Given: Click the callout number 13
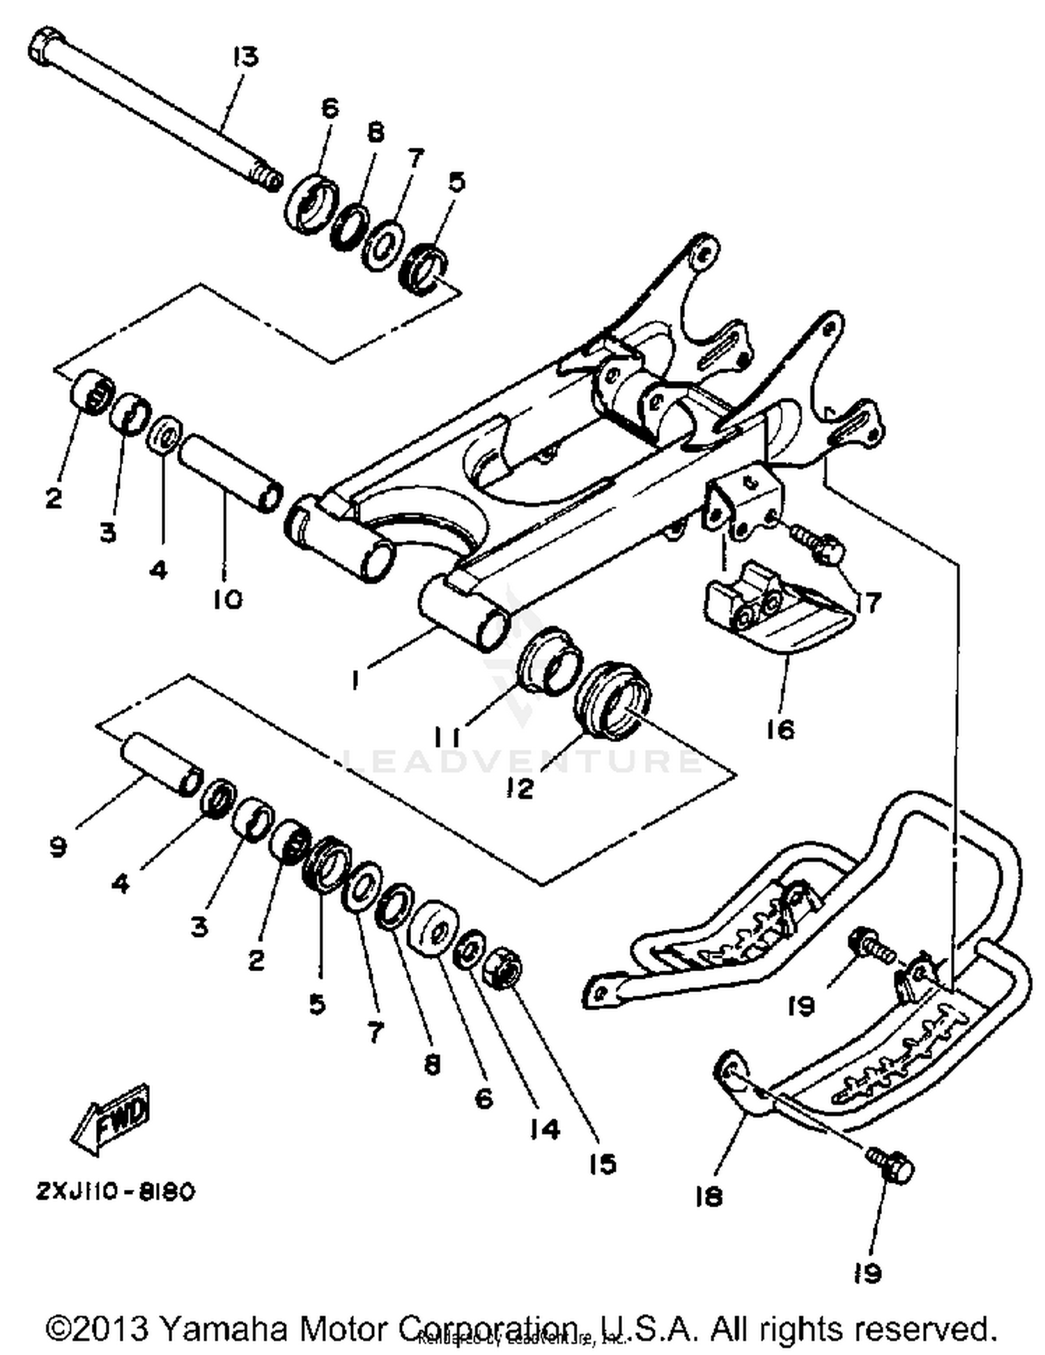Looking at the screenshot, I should pos(245,56).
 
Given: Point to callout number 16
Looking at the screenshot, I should pos(780,729).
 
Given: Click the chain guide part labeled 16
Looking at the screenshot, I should pos(773,613).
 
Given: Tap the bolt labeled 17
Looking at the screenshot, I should pos(822,550).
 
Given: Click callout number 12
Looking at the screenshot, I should pos(520,788).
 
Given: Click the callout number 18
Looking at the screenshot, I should pos(709,1197).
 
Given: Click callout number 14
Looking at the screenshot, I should pos(544,1129).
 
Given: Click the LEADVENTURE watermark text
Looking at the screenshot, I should pos(522,760).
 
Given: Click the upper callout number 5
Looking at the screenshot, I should pos(456,182).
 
